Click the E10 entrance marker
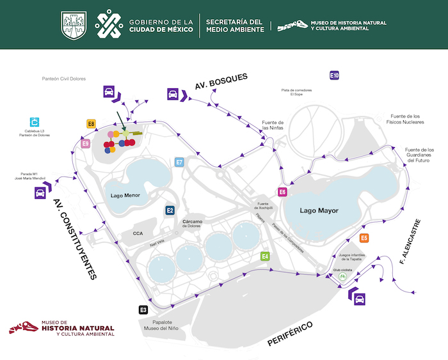pyautogui.click(x=334, y=75)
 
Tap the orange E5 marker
pyautogui.click(x=364, y=239)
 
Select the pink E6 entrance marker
pyautogui.click(x=282, y=192)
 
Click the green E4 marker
pyautogui.click(x=265, y=256)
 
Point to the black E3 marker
pyautogui.click(x=143, y=310)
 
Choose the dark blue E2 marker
pyautogui.click(x=170, y=210)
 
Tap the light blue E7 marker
pyautogui.click(x=180, y=162)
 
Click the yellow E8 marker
pyautogui.click(x=92, y=124)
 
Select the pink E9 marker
pyautogui.click(x=86, y=144)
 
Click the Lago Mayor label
pyautogui.click(x=319, y=211)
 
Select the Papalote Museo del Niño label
pyautogui.click(x=161, y=324)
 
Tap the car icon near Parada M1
pyautogui.click(x=39, y=192)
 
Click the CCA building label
pyautogui.click(x=138, y=233)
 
